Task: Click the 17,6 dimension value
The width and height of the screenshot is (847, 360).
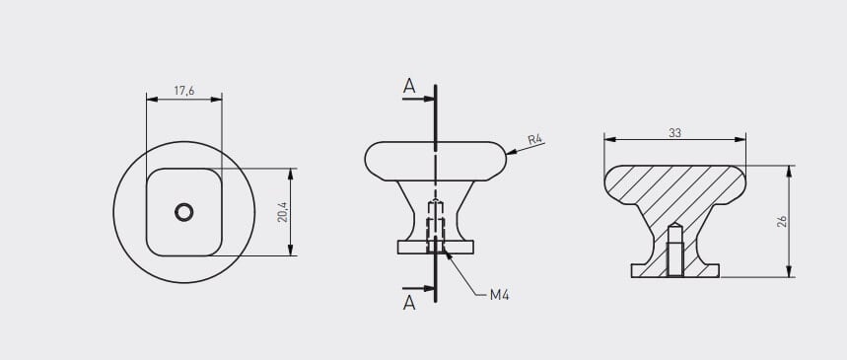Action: click(x=184, y=91)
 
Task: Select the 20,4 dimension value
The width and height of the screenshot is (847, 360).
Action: click(x=282, y=212)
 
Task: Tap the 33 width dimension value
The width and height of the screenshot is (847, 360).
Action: click(x=674, y=132)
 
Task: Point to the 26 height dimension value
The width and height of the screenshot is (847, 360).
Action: click(x=782, y=221)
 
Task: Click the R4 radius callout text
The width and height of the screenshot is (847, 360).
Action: click(x=534, y=139)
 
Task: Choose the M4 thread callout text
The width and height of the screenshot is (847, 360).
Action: click(x=500, y=295)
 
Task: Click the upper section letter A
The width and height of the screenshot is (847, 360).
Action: click(x=409, y=86)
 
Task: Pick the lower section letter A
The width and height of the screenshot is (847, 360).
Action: click(x=409, y=303)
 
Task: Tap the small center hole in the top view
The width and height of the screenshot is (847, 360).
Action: click(x=184, y=212)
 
